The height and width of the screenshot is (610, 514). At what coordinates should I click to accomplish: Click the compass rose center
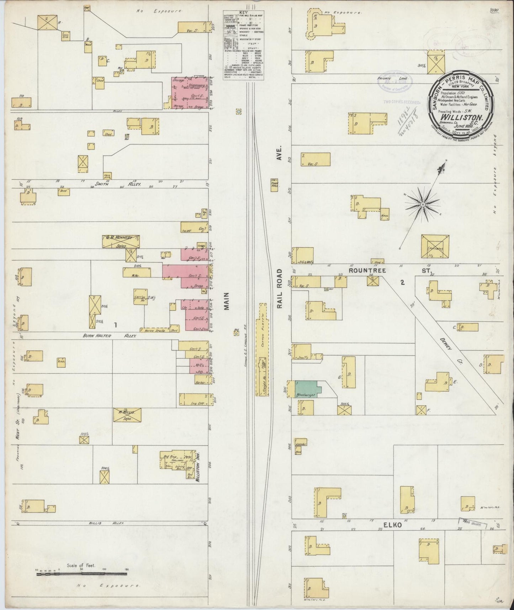click(422, 204)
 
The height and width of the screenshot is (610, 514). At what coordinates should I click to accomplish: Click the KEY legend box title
click(243, 11)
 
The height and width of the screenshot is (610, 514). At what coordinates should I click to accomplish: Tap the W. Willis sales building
click(127, 414)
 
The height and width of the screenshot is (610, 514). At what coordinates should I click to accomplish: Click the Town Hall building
click(274, 185)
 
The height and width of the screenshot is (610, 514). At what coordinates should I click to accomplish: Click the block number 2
click(402, 283)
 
